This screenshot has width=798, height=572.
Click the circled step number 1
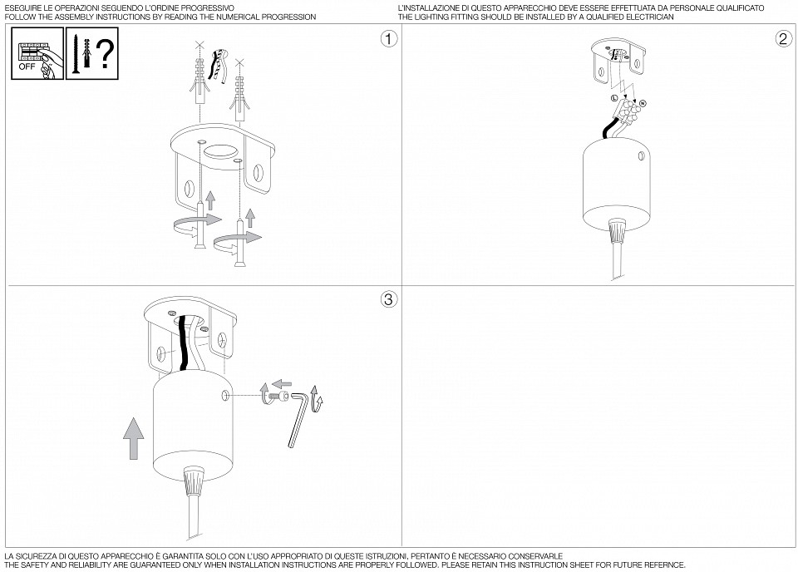(389, 39)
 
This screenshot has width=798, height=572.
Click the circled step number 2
(784, 39)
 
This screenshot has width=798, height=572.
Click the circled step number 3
(389, 299)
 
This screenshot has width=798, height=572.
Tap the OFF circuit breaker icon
(37, 53)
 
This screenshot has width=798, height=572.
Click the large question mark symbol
(106, 53)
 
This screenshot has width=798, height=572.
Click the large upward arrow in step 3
(133, 438)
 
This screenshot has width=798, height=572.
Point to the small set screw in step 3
(280, 396)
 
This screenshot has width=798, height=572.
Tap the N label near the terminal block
(643, 104)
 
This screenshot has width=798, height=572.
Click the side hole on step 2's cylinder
(641, 157)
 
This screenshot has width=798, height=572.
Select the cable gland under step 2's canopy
(617, 230)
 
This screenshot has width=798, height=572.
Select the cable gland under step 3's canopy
(194, 480)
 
